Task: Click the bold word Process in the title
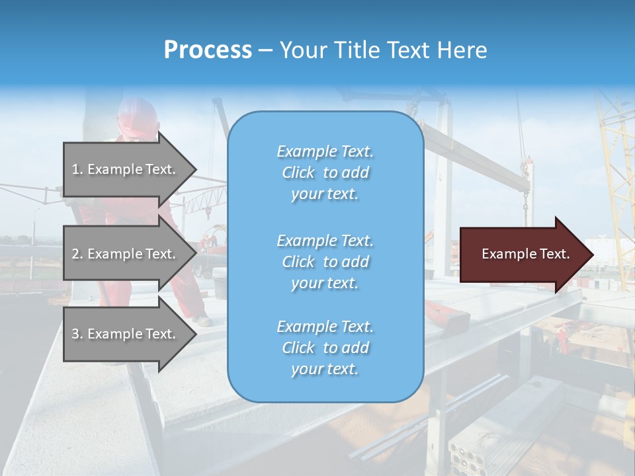[208, 50]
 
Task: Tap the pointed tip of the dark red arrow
[593, 255]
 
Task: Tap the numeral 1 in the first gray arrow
[75, 169]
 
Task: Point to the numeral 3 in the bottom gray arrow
[75, 334]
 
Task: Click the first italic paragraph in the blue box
[325, 173]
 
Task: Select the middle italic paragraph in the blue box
[325, 262]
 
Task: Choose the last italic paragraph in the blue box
[325, 348]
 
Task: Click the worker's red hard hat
[137, 118]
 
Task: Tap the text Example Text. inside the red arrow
[526, 254]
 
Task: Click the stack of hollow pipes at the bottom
[470, 456]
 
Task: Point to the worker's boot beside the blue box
[204, 320]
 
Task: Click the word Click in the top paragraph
[298, 173]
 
